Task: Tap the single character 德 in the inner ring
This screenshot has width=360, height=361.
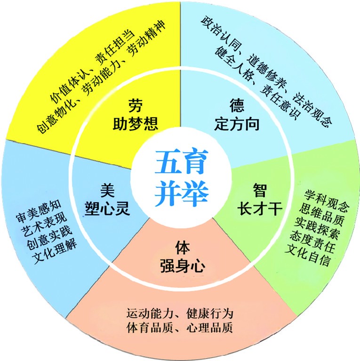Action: click(237, 105)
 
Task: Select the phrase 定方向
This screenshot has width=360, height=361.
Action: click(237, 124)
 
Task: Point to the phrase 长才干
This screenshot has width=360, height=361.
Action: click(260, 209)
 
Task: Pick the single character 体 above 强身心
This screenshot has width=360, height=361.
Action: click(183, 248)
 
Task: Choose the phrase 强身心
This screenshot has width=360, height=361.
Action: click(183, 266)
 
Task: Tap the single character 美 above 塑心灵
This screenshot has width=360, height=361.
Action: click(107, 191)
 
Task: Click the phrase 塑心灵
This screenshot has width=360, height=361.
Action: click(107, 209)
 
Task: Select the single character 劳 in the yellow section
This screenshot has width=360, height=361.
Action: click(136, 105)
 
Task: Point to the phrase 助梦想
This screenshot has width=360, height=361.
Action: click(136, 124)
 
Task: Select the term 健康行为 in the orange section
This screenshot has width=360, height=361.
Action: click(210, 314)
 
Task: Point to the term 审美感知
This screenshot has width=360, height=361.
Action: click(39, 212)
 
